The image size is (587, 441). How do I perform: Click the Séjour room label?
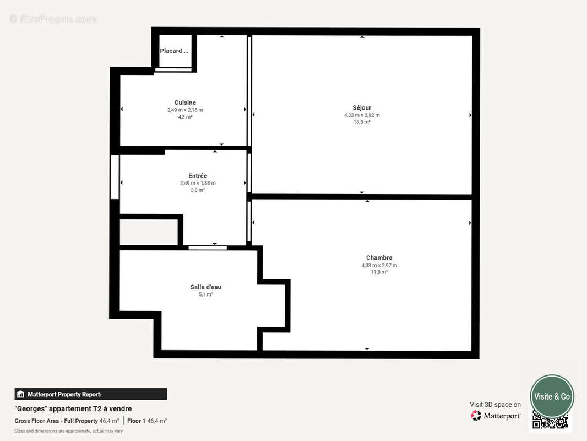point(362,107)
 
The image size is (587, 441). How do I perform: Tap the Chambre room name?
point(379,257)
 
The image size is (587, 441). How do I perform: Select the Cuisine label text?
point(185,103)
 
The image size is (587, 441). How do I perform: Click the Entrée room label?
point(198,176)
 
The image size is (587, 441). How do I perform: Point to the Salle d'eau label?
point(206,287)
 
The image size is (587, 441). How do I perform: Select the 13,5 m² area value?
point(362,122)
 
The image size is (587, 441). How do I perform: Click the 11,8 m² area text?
point(379,272)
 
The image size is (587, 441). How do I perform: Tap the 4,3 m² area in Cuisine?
point(185,117)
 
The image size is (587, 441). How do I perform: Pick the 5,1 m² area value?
point(206,294)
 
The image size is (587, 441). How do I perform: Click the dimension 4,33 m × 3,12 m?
point(362,115)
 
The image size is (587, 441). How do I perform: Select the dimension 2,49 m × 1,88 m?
point(198,183)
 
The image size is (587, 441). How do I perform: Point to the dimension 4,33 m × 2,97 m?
point(379,265)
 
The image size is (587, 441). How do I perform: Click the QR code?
point(550,420)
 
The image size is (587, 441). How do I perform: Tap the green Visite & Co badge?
point(552,396)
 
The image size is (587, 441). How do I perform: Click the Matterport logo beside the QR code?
point(496,416)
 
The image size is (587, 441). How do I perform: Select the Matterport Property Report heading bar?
point(90,394)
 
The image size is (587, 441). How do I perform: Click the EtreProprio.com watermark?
point(52,19)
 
